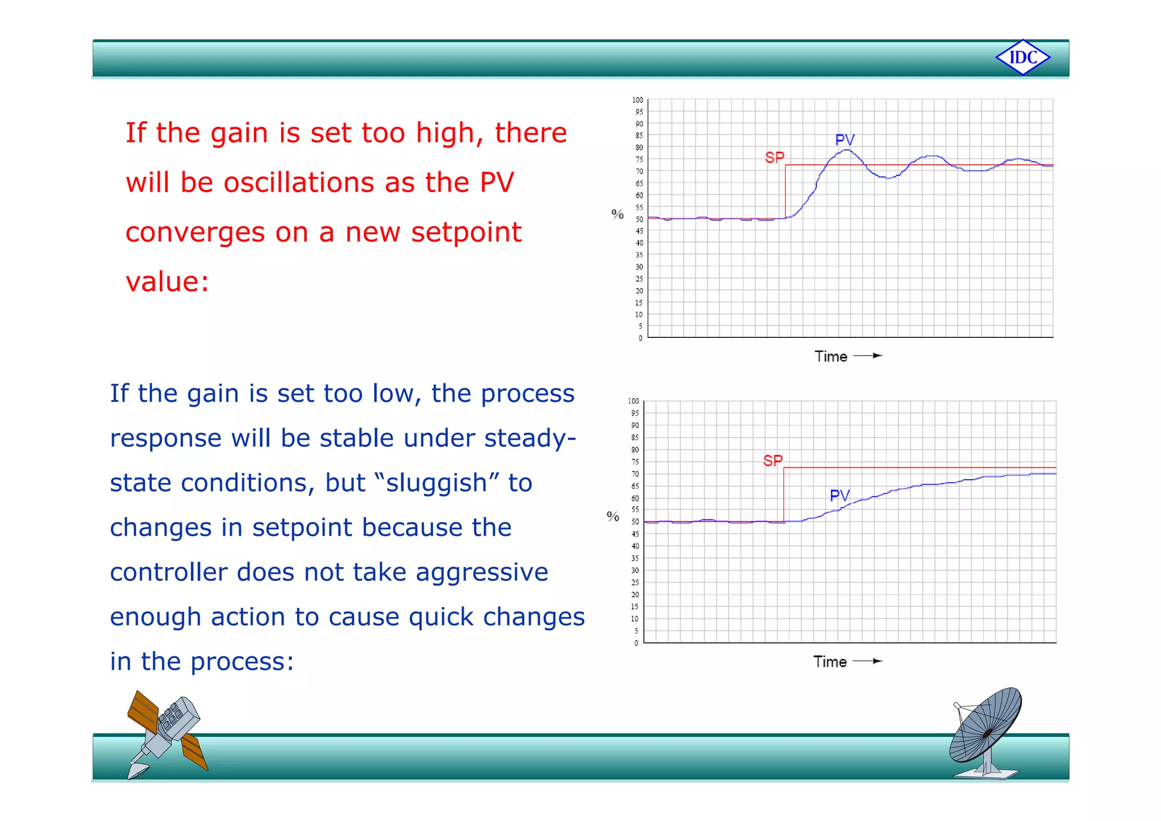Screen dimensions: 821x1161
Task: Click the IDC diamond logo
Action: coord(1023,57)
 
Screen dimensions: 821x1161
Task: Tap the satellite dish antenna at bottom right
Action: coord(986,732)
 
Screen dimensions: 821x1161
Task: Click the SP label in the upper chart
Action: coord(774,157)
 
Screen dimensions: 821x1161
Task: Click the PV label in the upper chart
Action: coord(845,139)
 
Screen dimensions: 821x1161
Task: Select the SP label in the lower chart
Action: coord(773,460)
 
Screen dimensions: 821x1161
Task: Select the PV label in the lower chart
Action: coord(840,496)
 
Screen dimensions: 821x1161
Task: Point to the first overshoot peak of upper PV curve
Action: coord(846,150)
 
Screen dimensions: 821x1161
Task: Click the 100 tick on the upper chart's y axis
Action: coord(638,100)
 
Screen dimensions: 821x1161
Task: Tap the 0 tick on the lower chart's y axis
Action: coord(636,643)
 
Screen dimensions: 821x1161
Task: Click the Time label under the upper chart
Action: coord(831,357)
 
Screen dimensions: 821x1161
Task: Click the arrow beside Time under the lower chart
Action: coord(868,661)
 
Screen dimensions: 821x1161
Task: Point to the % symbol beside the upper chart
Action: coord(617,214)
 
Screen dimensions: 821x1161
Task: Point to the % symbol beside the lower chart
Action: coord(613,517)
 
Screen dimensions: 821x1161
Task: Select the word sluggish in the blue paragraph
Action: coord(437,483)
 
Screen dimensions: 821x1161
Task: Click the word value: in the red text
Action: coord(167,282)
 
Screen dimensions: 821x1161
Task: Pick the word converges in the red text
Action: coord(195,232)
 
